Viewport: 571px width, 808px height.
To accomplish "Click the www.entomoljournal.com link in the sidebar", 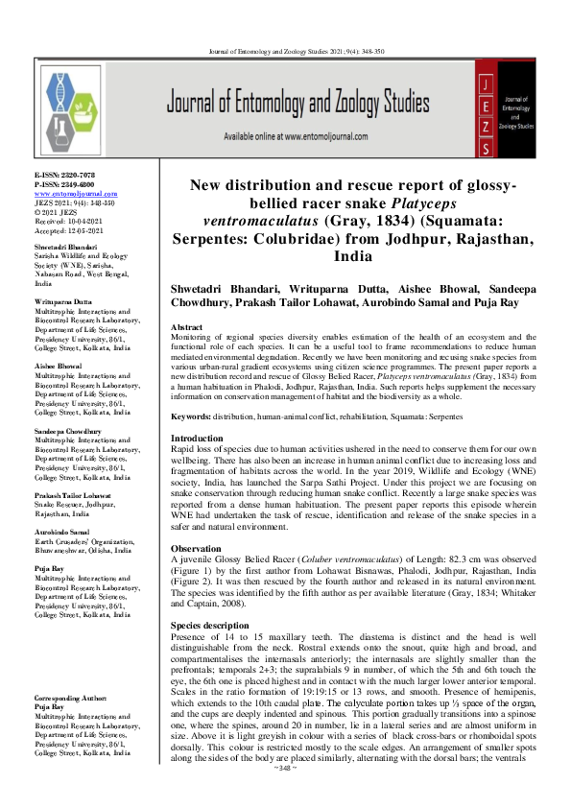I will (x=77, y=194).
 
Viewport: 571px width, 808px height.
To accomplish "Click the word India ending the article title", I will (x=354, y=257).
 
